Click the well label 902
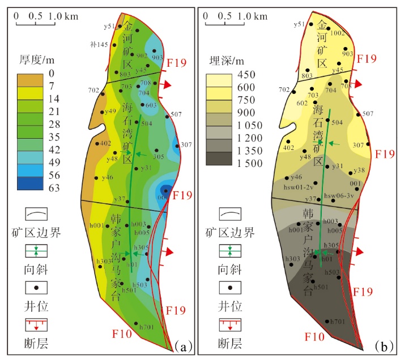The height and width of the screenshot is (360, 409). [142, 55]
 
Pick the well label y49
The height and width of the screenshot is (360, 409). [110, 111]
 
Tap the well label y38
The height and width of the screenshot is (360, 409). [359, 170]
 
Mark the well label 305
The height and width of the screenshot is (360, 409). [159, 157]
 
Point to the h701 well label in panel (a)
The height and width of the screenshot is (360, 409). [146, 328]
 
